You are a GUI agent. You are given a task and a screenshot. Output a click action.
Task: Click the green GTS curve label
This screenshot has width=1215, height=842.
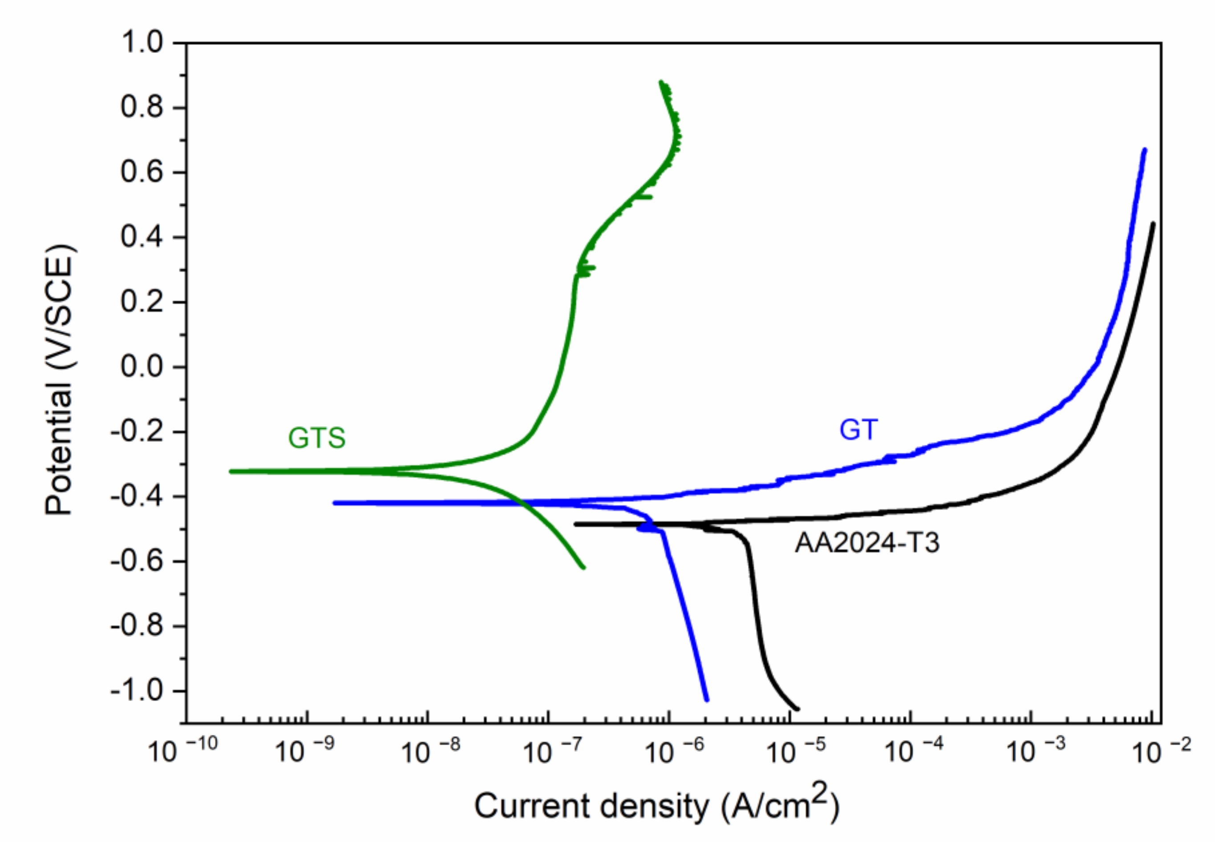point(317,437)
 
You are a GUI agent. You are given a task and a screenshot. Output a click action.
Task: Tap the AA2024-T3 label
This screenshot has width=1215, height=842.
point(867,542)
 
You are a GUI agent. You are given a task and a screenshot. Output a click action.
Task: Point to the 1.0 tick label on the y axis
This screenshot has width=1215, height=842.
point(142,42)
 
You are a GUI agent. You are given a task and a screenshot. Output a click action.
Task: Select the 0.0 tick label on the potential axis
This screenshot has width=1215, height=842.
point(142,367)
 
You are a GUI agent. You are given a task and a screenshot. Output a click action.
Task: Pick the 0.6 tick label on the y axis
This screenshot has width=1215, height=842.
point(142,172)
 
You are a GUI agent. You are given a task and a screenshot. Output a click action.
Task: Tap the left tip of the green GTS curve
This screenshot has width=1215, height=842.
point(231,471)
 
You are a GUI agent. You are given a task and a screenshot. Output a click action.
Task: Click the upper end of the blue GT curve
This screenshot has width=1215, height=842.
point(1144,150)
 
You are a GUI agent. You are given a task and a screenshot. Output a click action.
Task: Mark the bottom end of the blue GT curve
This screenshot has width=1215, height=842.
point(707,700)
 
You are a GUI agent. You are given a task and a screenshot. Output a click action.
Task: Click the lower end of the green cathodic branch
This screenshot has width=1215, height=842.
point(584,568)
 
